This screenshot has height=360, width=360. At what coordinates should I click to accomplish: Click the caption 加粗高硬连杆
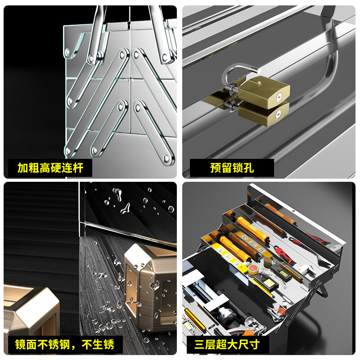pyautogui.click(x=50, y=168)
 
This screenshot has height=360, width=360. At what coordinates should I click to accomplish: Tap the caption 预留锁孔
pyautogui.click(x=232, y=168)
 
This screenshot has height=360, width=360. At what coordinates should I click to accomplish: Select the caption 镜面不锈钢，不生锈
pyautogui.click(x=65, y=345)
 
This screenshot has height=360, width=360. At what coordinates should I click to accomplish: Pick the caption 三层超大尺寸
pyautogui.click(x=227, y=345)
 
